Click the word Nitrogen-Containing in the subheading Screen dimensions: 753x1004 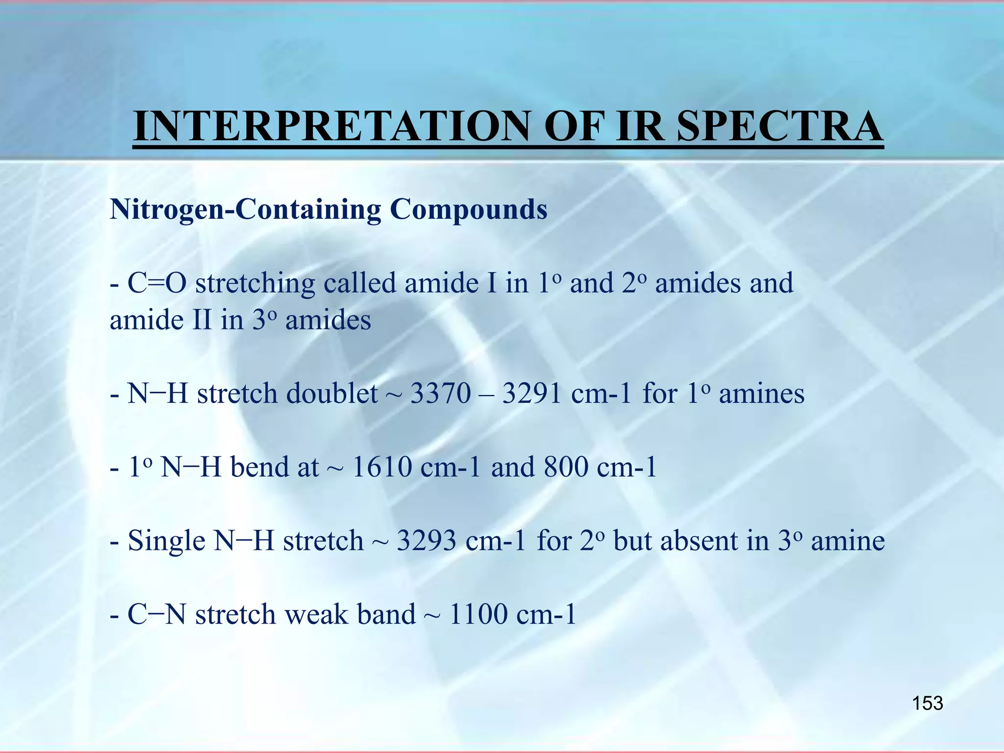pyautogui.click(x=245, y=210)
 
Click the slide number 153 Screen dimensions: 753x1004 pyautogui.click(x=927, y=703)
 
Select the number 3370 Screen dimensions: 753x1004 pyautogui.click(x=440, y=394)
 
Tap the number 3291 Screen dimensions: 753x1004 pyautogui.click(x=532, y=394)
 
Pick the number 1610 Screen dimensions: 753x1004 pyautogui.click(x=382, y=467)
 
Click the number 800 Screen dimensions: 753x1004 pyautogui.click(x=566, y=467)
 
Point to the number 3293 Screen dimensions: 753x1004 pyautogui.click(x=427, y=541)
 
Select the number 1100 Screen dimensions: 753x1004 pyautogui.click(x=478, y=615)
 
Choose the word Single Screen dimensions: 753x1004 pyautogui.click(x=166, y=541)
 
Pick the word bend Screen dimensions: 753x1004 pyautogui.click(x=259, y=467)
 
